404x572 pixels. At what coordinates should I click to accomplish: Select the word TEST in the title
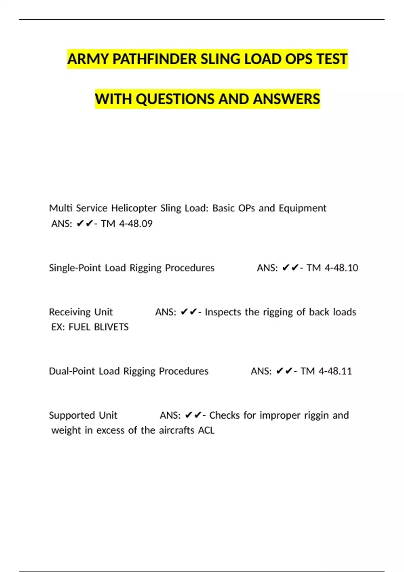(x=331, y=59)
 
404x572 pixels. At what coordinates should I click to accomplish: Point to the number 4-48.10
(x=341, y=268)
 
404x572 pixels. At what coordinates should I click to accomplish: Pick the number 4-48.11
(x=335, y=371)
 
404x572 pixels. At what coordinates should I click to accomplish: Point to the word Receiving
(x=69, y=312)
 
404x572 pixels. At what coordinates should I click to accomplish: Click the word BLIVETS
(x=111, y=327)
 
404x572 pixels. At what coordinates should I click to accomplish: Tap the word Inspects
(x=223, y=312)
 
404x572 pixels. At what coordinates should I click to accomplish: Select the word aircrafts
(x=177, y=430)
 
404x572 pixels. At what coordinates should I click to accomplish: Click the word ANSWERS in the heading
(x=287, y=99)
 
